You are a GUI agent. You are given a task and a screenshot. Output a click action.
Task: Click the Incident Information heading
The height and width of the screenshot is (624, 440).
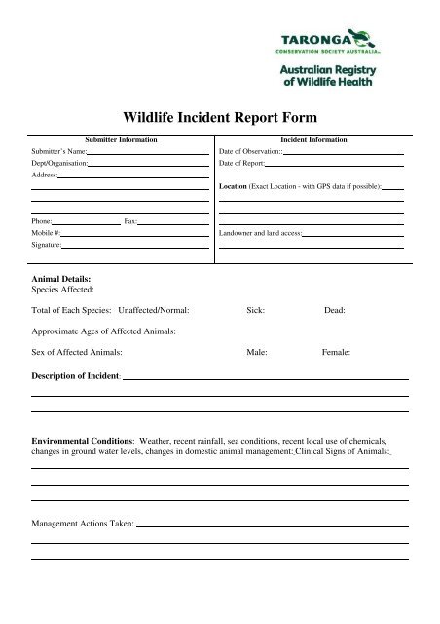312,141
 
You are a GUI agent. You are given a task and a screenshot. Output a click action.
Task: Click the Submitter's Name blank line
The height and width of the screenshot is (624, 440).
148,153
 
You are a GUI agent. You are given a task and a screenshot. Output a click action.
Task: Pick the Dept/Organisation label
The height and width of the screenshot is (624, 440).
58,164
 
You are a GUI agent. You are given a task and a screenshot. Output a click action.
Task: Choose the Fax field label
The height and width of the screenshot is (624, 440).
130,223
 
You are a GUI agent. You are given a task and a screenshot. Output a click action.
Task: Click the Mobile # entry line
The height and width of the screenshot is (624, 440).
135,235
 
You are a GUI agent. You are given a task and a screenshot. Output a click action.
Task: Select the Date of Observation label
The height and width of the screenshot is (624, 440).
250,153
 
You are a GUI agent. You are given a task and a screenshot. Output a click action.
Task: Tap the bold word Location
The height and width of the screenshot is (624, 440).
233,184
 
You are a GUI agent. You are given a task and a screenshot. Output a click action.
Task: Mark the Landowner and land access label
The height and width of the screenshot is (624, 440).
261,235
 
